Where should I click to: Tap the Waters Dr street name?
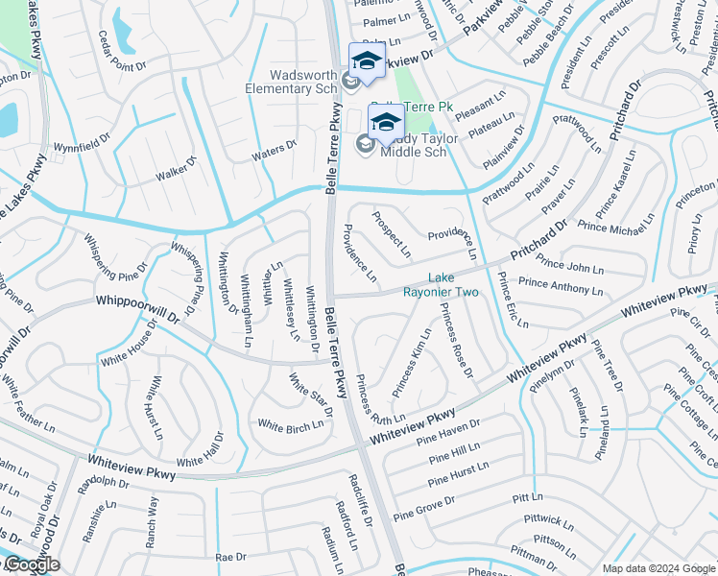click(x=274, y=149)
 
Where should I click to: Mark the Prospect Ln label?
click(x=391, y=234)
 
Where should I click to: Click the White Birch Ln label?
click(x=289, y=425)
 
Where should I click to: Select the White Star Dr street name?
click(x=310, y=395)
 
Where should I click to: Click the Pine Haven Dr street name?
click(x=448, y=430)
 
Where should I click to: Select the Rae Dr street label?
click(x=230, y=557)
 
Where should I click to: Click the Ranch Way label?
click(x=151, y=521)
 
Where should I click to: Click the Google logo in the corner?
click(x=31, y=564)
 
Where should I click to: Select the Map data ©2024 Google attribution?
click(x=658, y=568)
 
